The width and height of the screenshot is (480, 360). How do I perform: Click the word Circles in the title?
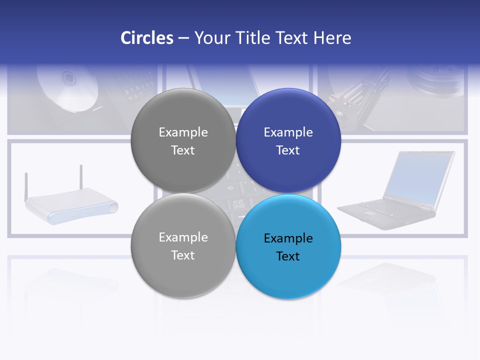pyautogui.click(x=146, y=38)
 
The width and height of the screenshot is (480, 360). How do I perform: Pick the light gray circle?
pyautogui.click(x=183, y=275)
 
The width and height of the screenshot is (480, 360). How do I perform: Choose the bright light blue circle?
pyautogui.click(x=288, y=278)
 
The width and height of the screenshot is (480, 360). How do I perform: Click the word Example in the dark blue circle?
pyautogui.click(x=288, y=132)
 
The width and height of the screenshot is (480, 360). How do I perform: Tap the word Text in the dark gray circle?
pyautogui.click(x=183, y=150)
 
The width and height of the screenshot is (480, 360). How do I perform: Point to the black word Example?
pyautogui.click(x=288, y=238)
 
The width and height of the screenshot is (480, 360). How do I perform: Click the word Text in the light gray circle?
pyautogui.click(x=183, y=255)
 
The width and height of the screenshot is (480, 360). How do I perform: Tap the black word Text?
pyautogui.click(x=288, y=256)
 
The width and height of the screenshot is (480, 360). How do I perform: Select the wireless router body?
pyautogui.click(x=70, y=206)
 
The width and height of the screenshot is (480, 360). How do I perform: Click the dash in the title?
pyautogui.click(x=183, y=38)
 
